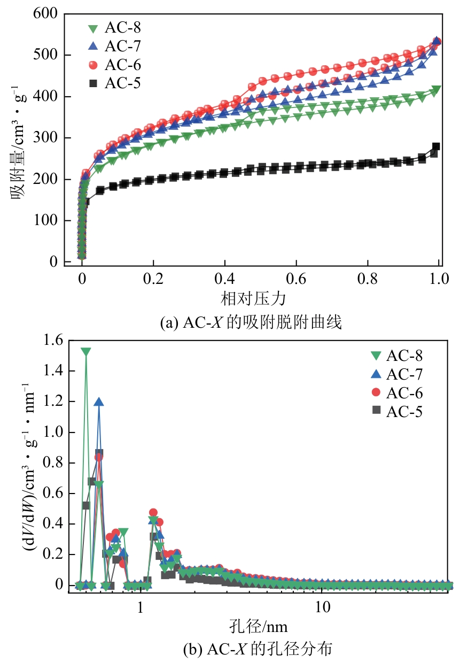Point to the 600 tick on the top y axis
coord(49,14)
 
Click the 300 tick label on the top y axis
coord(49,138)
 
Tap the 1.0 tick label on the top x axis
coord(439,279)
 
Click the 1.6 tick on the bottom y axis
coord(54,341)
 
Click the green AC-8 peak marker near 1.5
coord(86,351)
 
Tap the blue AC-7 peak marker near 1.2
coord(99,402)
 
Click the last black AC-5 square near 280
coord(436,147)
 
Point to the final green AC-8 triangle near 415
coord(436,89)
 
